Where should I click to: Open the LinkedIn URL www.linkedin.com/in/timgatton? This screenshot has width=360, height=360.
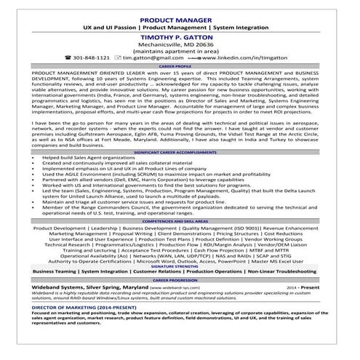pyautogui.click(x=240, y=57)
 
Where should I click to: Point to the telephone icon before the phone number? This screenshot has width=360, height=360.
pyautogui.click(x=68, y=57)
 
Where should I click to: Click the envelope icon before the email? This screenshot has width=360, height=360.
pyautogui.click(x=116, y=57)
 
